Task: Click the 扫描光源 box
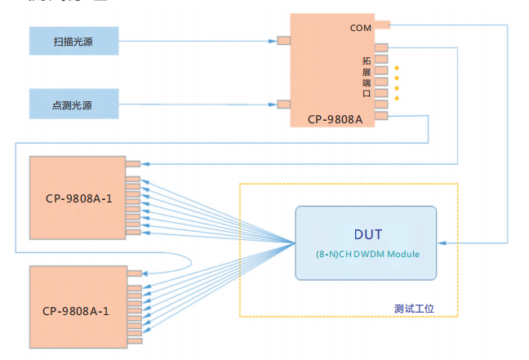click(73, 40)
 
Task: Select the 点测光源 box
click(73, 104)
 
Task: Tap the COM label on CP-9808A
click(360, 29)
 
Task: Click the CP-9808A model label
click(335, 119)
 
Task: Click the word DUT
click(367, 234)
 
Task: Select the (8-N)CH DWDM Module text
click(367, 254)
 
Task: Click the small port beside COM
click(382, 25)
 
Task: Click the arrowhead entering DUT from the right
click(442, 242)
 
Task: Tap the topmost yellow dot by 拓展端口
click(397, 68)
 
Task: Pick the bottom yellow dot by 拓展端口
click(397, 98)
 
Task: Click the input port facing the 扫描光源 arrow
click(284, 40)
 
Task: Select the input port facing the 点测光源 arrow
click(284, 104)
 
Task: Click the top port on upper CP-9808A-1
click(132, 163)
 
